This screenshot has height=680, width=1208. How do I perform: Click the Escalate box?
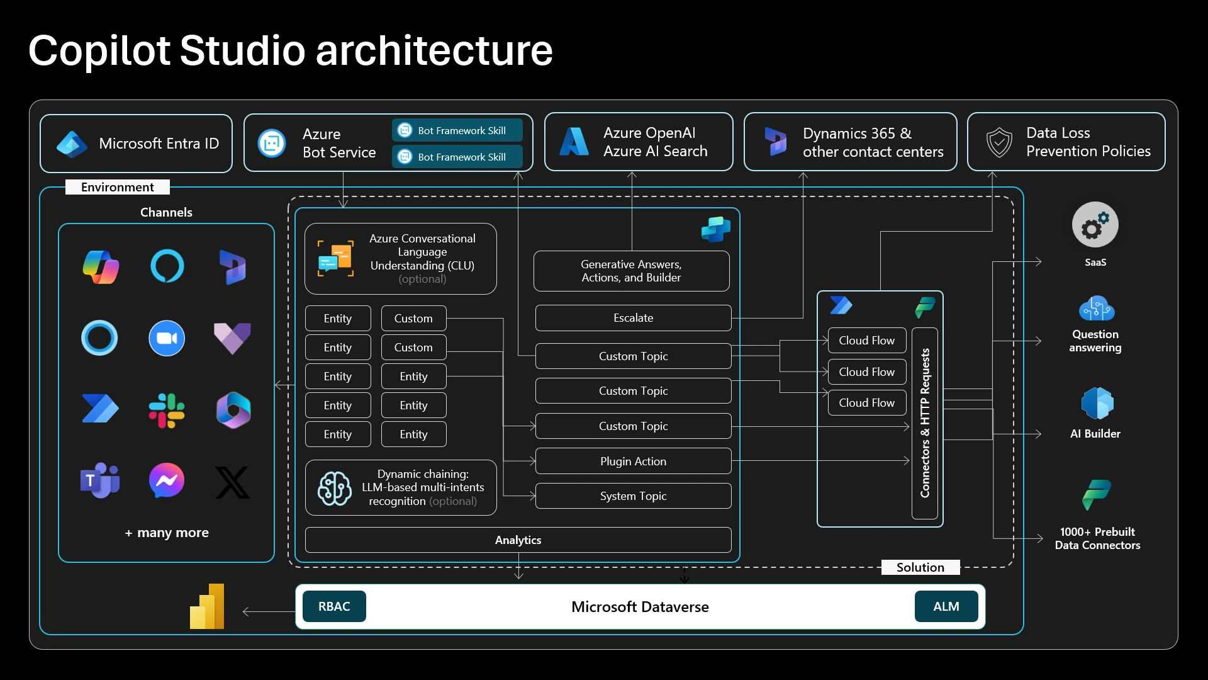633,318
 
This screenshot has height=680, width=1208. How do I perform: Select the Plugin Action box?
633,461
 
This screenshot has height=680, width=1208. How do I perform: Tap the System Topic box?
633,496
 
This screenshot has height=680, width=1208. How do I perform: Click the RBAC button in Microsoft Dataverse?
334,606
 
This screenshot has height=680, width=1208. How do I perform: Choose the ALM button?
946,606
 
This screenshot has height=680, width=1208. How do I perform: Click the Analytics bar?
518,540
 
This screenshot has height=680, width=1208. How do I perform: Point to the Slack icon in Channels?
167,411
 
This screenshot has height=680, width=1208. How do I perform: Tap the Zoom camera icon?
167,339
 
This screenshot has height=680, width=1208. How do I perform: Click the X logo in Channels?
233,482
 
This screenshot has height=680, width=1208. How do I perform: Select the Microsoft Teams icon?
99,481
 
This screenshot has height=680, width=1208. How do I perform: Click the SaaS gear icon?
1095,225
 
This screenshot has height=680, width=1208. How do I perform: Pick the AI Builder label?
1095,434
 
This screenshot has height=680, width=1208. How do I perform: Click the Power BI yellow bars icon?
208,607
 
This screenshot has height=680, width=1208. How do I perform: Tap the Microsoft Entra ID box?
136,144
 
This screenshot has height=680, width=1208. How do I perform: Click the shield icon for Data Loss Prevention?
999,142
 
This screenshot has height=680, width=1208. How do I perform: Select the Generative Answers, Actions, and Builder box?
631,271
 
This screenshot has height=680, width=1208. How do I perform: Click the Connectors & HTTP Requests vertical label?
925,423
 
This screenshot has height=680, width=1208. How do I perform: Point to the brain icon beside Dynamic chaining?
334,488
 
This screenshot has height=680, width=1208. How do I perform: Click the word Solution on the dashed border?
920,567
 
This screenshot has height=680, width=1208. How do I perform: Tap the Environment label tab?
118,187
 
